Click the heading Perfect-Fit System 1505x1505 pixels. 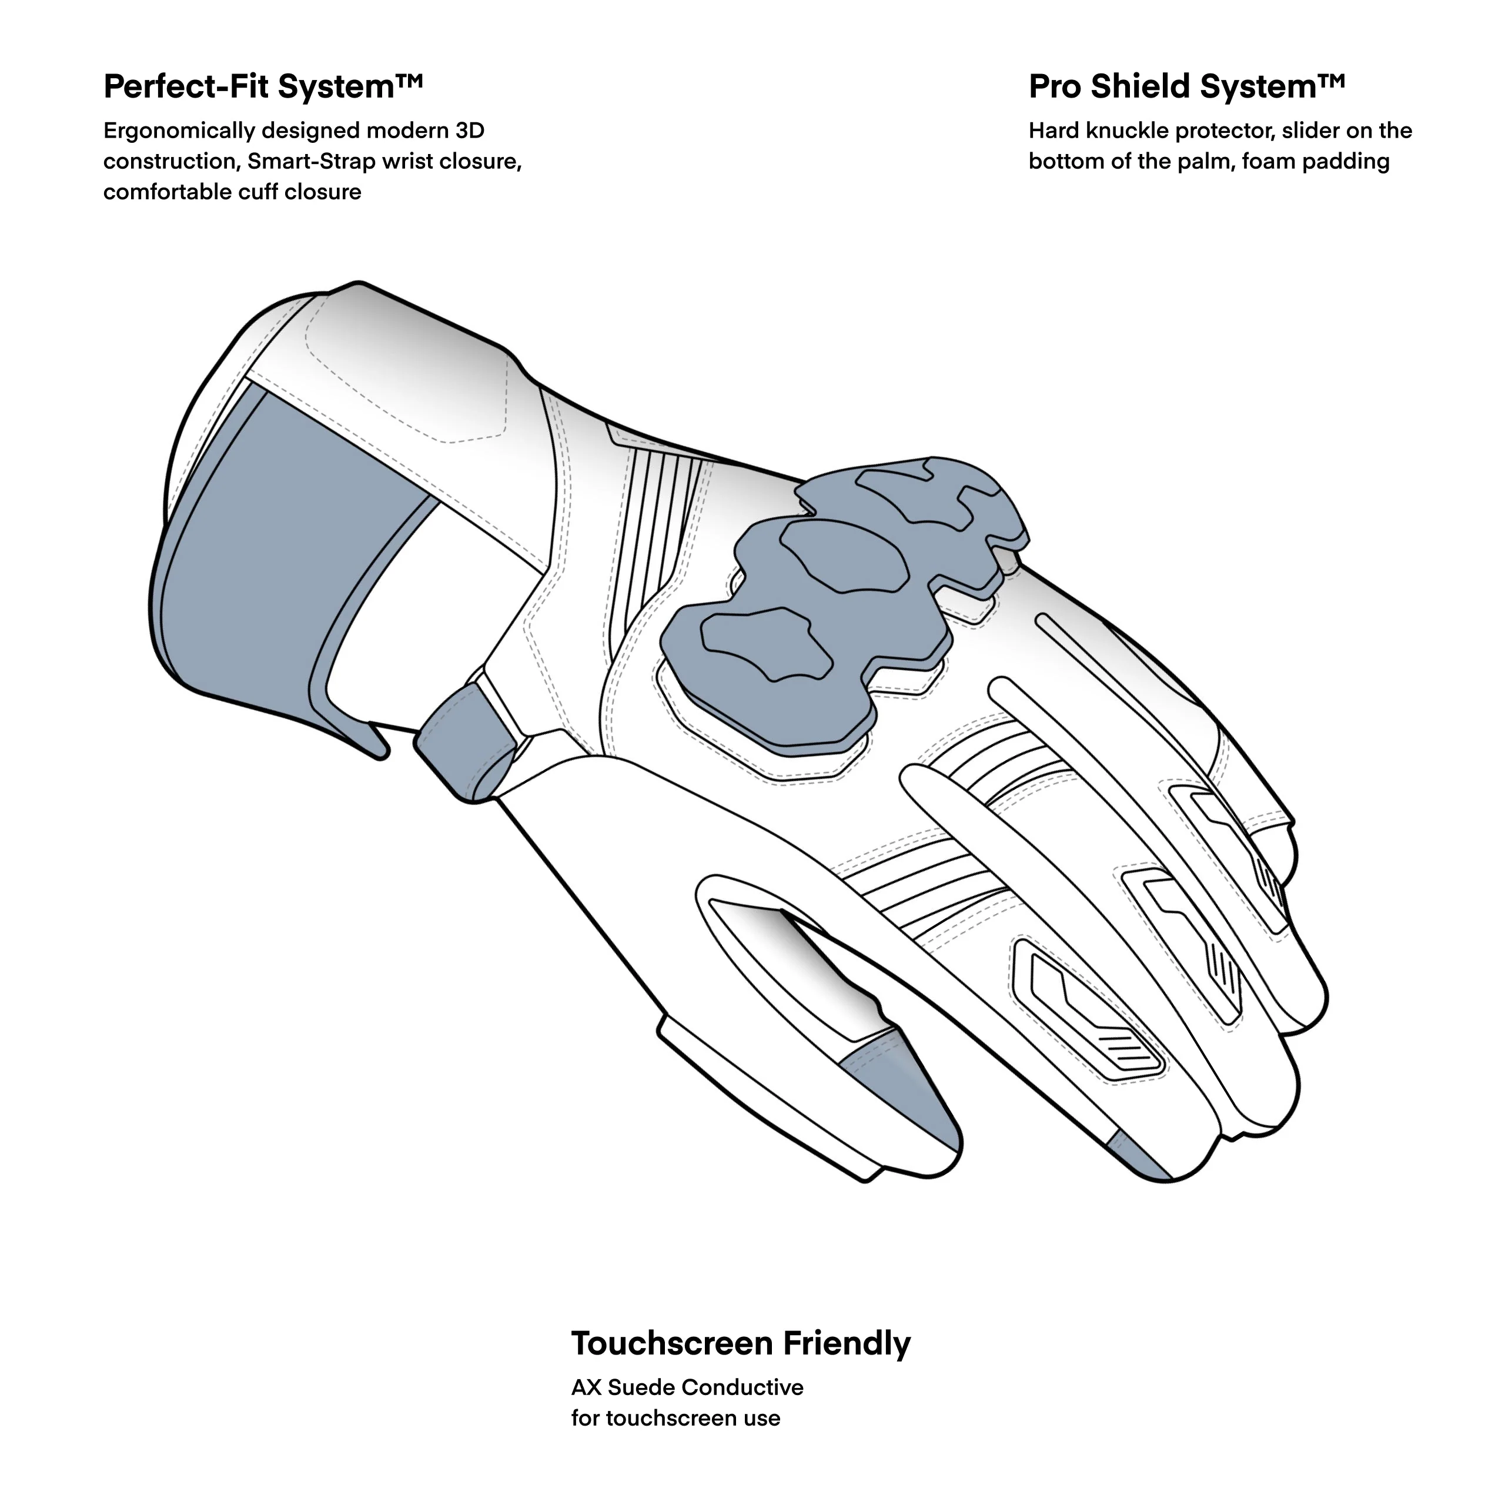click(263, 86)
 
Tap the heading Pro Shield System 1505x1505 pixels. click(1186, 86)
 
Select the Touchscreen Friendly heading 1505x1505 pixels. click(740, 1343)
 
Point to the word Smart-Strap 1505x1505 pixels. click(312, 161)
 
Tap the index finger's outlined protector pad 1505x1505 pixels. click(1091, 1013)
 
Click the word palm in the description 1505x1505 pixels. click(1205, 161)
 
